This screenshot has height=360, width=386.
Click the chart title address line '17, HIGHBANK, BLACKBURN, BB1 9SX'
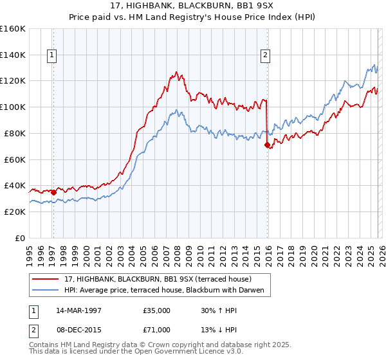[193, 6]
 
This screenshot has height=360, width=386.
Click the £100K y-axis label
[13, 107]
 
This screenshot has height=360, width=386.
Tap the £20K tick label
[15, 212]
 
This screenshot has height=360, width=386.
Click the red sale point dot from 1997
[54, 192]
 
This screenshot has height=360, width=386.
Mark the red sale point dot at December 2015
[267, 145]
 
